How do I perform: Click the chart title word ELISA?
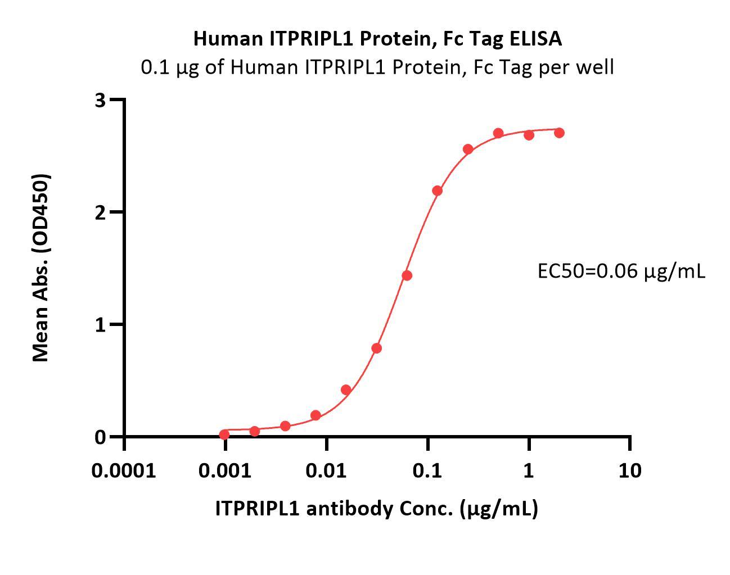click(535, 38)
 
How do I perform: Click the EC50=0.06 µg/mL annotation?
click(621, 271)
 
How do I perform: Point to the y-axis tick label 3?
click(101, 100)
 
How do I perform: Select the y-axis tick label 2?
click(101, 212)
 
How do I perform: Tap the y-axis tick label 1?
click(101, 325)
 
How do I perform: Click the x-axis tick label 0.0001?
click(124, 470)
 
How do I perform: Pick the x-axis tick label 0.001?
click(225, 470)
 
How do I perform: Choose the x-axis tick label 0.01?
click(326, 470)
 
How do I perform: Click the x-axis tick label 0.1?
click(427, 470)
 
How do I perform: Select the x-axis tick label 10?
click(629, 470)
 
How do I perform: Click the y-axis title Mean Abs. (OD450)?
click(40, 268)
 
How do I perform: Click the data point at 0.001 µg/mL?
click(224, 434)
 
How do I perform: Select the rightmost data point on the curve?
click(559, 133)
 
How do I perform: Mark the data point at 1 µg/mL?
click(529, 135)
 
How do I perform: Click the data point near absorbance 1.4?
click(407, 275)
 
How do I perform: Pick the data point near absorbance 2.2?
click(438, 191)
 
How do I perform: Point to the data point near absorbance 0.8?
click(377, 348)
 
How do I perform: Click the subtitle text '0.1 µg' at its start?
click(163, 67)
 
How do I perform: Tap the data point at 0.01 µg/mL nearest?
click(316, 415)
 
